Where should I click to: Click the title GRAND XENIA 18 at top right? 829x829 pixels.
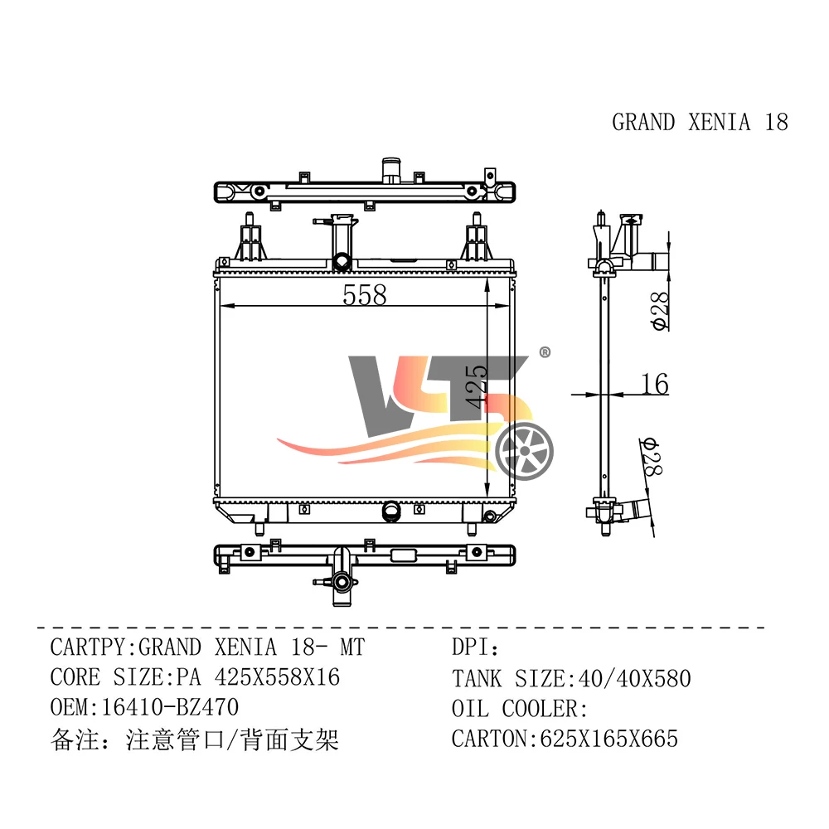700,122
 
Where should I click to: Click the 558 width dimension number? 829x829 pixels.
364,294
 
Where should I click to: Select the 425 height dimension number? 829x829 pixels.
477,386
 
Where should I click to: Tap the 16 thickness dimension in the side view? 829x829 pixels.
655,384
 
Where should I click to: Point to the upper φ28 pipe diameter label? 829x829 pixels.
661,312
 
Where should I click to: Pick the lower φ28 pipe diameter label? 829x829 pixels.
652,457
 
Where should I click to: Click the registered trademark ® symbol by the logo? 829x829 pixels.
545,352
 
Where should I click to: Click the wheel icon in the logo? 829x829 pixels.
524,451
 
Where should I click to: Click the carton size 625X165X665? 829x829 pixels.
608,739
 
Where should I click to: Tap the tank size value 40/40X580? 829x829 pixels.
634,678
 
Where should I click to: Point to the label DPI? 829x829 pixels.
475,647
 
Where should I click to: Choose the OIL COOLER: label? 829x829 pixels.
520,709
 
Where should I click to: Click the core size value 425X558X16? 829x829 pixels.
277,677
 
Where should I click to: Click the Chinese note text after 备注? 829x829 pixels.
232,739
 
